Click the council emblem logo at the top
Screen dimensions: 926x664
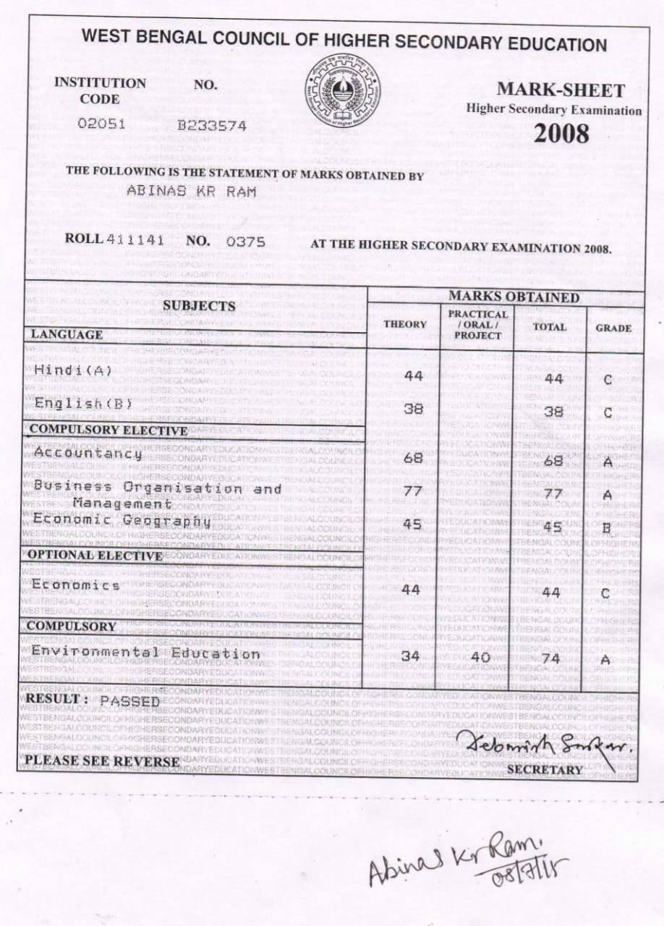tap(343, 90)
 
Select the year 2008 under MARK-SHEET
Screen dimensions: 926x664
tap(561, 134)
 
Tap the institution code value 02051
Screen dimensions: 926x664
tap(101, 123)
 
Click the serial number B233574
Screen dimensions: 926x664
tap(212, 125)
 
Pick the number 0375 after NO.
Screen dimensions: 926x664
tap(246, 242)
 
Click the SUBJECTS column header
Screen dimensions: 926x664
tap(199, 306)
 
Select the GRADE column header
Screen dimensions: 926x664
tap(613, 328)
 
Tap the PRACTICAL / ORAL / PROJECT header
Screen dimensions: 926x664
tap(477, 325)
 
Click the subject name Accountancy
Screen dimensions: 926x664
tap(88, 454)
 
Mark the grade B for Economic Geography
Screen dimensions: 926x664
tap(608, 528)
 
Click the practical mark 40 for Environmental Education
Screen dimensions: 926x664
tap(480, 658)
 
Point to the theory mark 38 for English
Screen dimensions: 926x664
tap(412, 409)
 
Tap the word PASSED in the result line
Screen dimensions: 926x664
tap(130, 701)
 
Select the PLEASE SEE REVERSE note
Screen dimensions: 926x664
tap(101, 761)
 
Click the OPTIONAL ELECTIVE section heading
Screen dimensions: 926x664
tap(95, 556)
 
